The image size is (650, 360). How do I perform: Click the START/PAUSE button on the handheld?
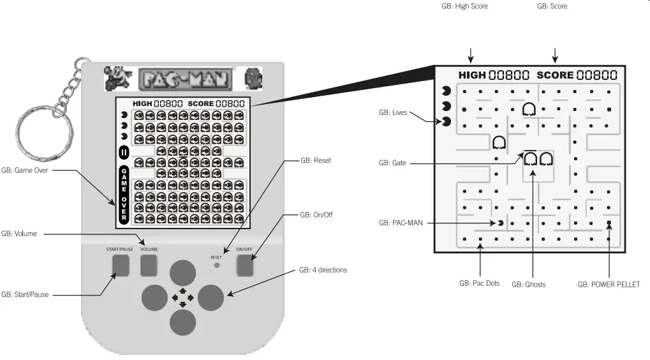(x=119, y=265)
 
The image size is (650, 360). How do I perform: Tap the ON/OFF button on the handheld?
(x=245, y=265)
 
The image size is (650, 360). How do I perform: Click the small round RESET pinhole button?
(x=217, y=264)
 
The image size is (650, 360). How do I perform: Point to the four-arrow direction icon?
(x=182, y=297)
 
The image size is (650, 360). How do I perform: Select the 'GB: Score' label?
(x=552, y=6)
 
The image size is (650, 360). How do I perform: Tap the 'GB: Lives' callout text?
(x=393, y=112)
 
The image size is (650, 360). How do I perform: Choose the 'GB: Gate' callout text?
(x=392, y=163)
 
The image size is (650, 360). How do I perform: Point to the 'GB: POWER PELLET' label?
(x=608, y=284)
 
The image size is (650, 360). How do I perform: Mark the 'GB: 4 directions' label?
(x=323, y=270)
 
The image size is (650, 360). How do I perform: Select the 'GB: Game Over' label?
(x=25, y=171)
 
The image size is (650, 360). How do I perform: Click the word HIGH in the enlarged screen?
(x=472, y=75)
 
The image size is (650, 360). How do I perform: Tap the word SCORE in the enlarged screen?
(x=555, y=75)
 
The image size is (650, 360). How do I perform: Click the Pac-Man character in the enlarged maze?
(x=501, y=223)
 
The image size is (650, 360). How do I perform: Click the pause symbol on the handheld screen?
(x=124, y=153)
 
